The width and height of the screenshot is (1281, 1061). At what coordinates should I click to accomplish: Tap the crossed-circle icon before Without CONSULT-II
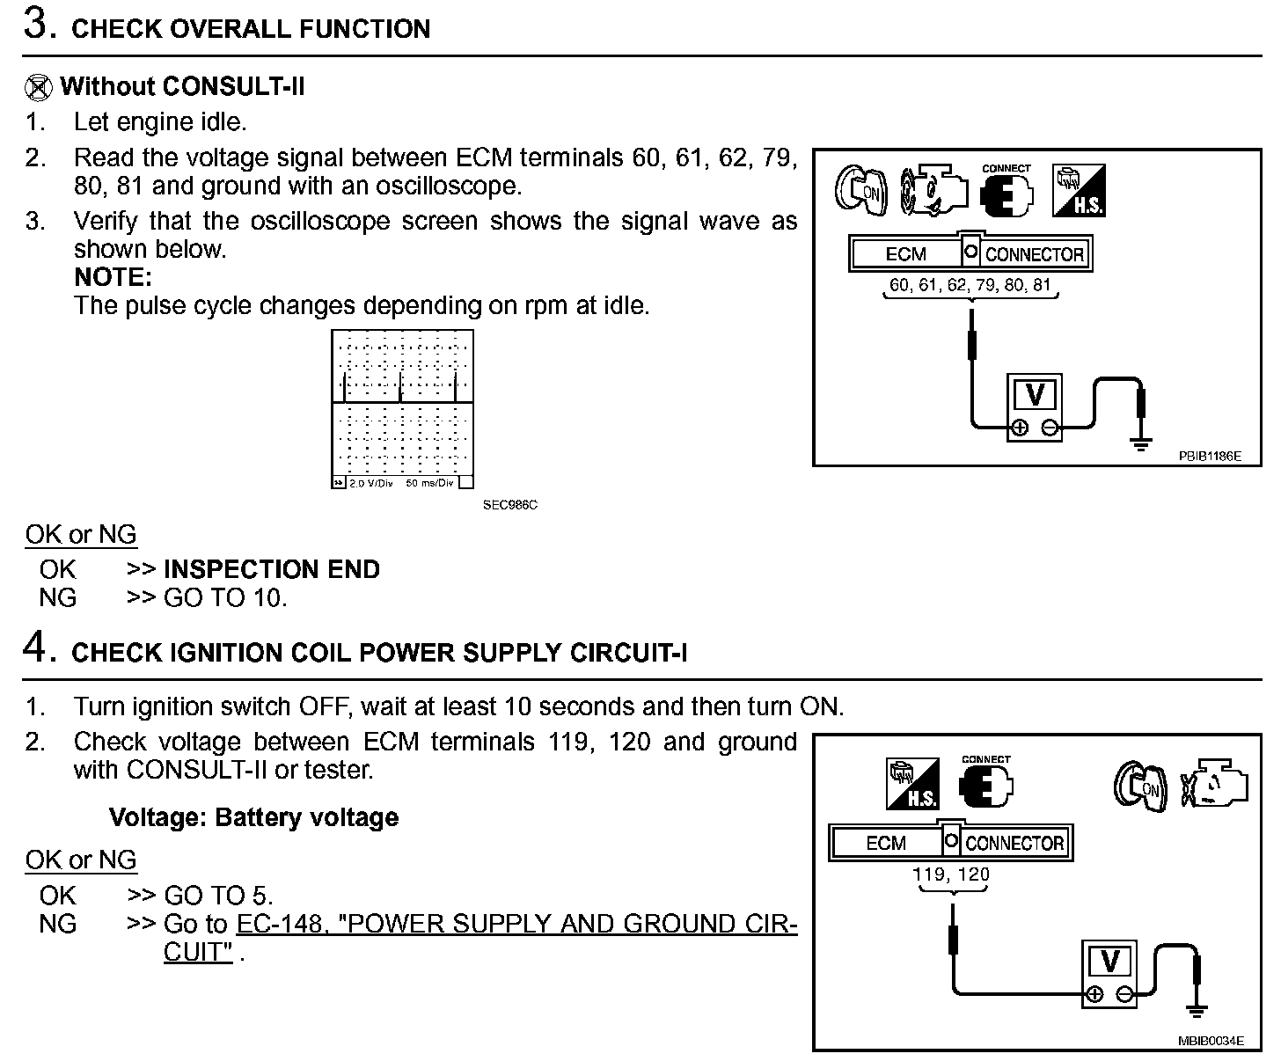pyautogui.click(x=39, y=87)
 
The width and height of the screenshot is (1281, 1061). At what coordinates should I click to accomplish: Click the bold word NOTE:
pyautogui.click(x=113, y=277)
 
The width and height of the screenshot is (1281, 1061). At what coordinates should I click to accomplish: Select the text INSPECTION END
pyautogui.click(x=271, y=569)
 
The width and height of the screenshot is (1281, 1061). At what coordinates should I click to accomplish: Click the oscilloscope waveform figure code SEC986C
pyautogui.click(x=509, y=505)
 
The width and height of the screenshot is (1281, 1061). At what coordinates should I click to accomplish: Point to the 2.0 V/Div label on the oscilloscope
pyautogui.click(x=370, y=484)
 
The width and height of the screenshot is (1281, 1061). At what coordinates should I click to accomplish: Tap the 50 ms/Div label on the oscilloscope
pyautogui.click(x=429, y=484)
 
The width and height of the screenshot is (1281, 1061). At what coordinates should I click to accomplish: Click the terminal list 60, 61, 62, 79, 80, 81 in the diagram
pyautogui.click(x=970, y=284)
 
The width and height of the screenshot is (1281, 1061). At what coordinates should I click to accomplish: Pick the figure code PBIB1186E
pyautogui.click(x=1210, y=457)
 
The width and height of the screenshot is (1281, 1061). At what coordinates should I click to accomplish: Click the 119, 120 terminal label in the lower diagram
pyautogui.click(x=951, y=874)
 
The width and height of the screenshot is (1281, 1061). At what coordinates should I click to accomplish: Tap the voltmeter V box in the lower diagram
pyautogui.click(x=1109, y=961)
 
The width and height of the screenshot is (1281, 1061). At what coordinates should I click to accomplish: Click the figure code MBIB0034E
pyautogui.click(x=1210, y=1041)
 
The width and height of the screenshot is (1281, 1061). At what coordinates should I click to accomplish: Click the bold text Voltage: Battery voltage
pyautogui.click(x=253, y=817)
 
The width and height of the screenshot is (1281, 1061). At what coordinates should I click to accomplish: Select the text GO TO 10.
pyautogui.click(x=225, y=598)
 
